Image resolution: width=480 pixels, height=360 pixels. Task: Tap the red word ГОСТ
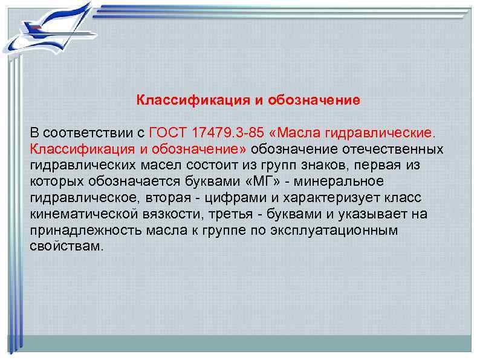tap(167, 133)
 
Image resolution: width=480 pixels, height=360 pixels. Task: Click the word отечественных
tap(394, 149)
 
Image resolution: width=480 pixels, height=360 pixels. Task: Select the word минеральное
tap(349, 182)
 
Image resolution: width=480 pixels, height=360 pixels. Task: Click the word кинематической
tap(74, 214)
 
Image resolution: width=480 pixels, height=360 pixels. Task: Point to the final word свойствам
tap(66, 247)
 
